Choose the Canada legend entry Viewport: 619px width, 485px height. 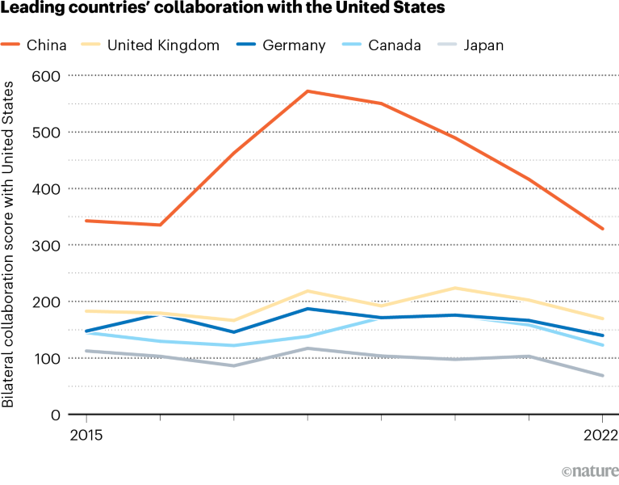tap(391, 44)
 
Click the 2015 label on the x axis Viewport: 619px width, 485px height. tap(86, 435)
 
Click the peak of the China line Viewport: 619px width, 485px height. tap(307, 91)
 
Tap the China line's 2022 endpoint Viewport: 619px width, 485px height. tap(603, 229)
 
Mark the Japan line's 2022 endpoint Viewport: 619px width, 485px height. tap(603, 376)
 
